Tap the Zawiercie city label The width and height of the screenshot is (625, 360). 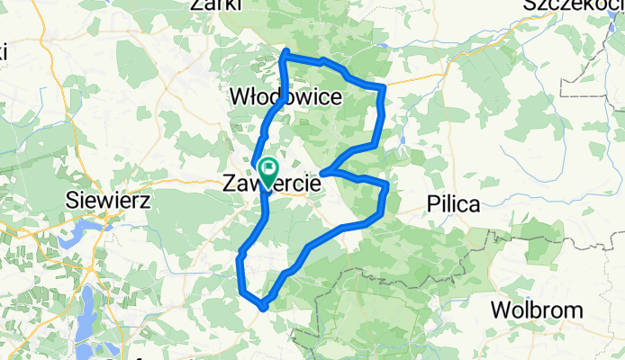point(271,184)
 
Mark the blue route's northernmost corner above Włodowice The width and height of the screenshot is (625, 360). point(285,53)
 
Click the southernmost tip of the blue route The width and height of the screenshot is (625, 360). point(262,307)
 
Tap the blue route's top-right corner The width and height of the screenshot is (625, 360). point(384,87)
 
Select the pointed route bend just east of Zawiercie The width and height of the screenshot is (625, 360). point(323,171)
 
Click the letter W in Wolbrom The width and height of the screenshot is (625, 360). point(500,310)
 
